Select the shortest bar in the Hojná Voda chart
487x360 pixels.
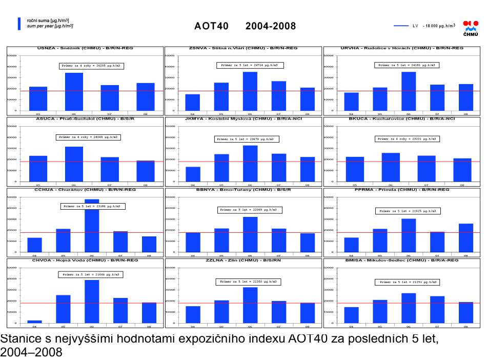[34, 322]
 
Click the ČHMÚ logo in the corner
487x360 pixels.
[470, 28]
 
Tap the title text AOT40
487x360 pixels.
[212, 26]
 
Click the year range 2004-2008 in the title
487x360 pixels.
[270, 26]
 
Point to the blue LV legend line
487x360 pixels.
[401, 25]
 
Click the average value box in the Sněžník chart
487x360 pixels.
[91, 66]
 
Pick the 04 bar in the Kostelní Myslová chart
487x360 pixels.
[193, 174]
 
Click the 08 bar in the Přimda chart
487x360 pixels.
[466, 238]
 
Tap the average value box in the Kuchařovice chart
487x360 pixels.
[408, 138]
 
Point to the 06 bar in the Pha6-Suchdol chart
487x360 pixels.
[74, 164]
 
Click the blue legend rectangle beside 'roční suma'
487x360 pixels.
[19, 24]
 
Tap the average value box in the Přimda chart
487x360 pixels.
[408, 211]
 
